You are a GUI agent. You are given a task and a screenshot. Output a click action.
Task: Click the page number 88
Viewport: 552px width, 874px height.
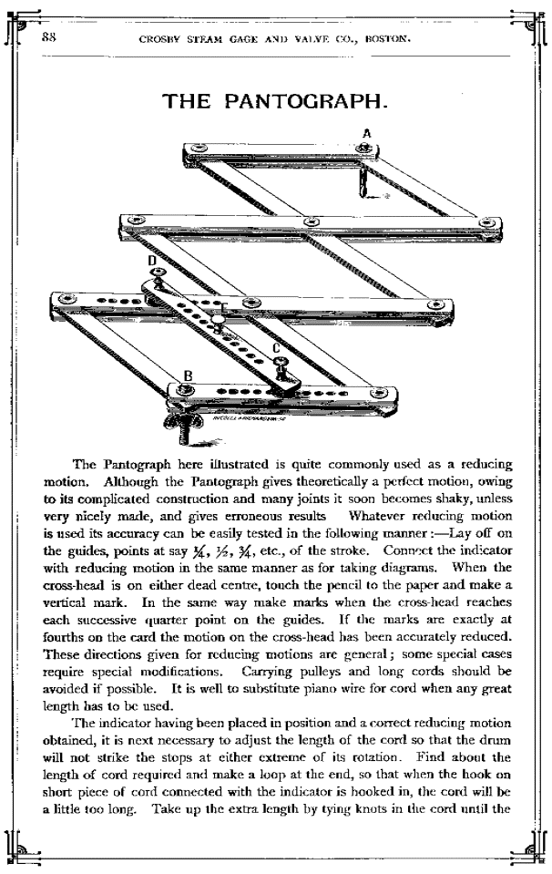49,39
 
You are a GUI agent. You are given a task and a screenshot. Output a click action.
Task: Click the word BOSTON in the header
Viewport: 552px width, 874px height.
390,39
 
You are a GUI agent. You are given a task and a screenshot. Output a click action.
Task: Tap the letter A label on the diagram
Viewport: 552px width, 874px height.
365,133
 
